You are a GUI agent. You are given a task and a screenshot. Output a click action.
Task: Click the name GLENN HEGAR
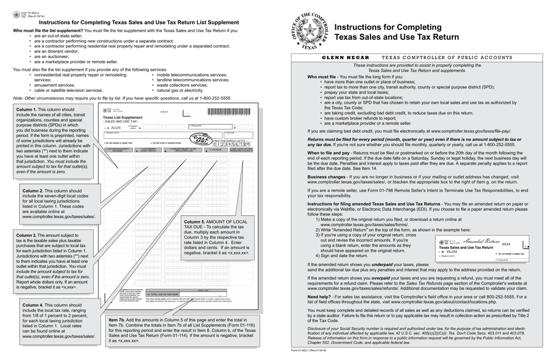346,57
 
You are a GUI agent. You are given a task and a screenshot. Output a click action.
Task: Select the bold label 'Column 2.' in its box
34,191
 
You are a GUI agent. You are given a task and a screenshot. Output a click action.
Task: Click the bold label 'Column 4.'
34,305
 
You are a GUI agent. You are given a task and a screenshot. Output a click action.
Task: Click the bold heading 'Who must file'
321,77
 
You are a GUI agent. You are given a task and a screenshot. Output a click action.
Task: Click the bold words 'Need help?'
321,296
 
